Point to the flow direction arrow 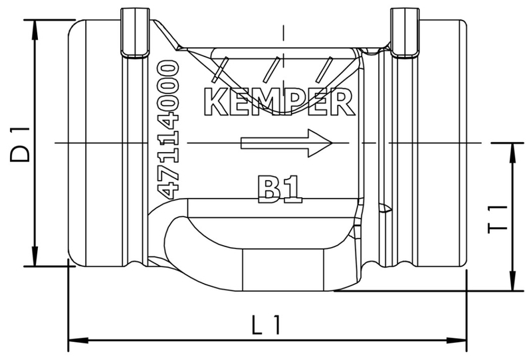point(286,142)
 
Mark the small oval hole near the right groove point(383,207)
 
